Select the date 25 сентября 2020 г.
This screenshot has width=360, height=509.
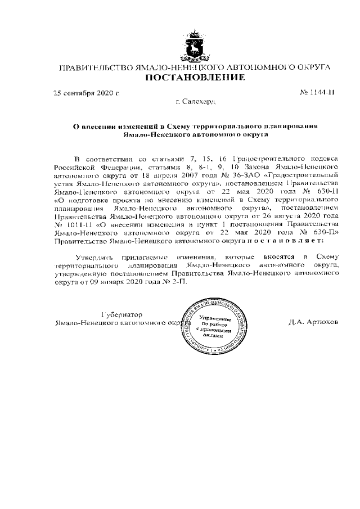click(x=86, y=92)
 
